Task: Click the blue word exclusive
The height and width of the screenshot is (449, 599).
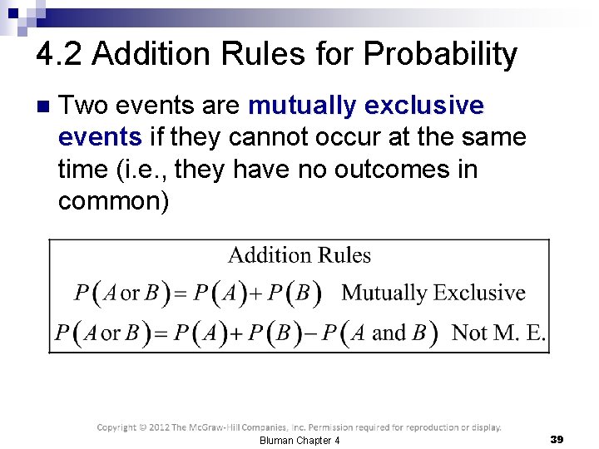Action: pyautogui.click(x=428, y=106)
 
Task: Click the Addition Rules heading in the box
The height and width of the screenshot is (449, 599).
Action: pyautogui.click(x=299, y=255)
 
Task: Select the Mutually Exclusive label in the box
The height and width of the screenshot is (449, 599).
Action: pyautogui.click(x=433, y=293)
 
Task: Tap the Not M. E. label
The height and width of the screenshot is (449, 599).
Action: pyautogui.click(x=498, y=333)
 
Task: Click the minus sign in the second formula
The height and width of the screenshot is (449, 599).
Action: pyautogui.click(x=310, y=333)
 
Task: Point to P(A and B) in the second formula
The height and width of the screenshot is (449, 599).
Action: pyautogui.click(x=379, y=333)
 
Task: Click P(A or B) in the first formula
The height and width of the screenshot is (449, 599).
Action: pyautogui.click(x=121, y=293)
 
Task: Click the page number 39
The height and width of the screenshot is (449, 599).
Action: pyautogui.click(x=557, y=438)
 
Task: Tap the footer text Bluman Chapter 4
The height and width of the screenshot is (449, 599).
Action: pyautogui.click(x=299, y=440)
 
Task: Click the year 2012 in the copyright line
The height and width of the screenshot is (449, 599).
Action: pyautogui.click(x=156, y=427)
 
